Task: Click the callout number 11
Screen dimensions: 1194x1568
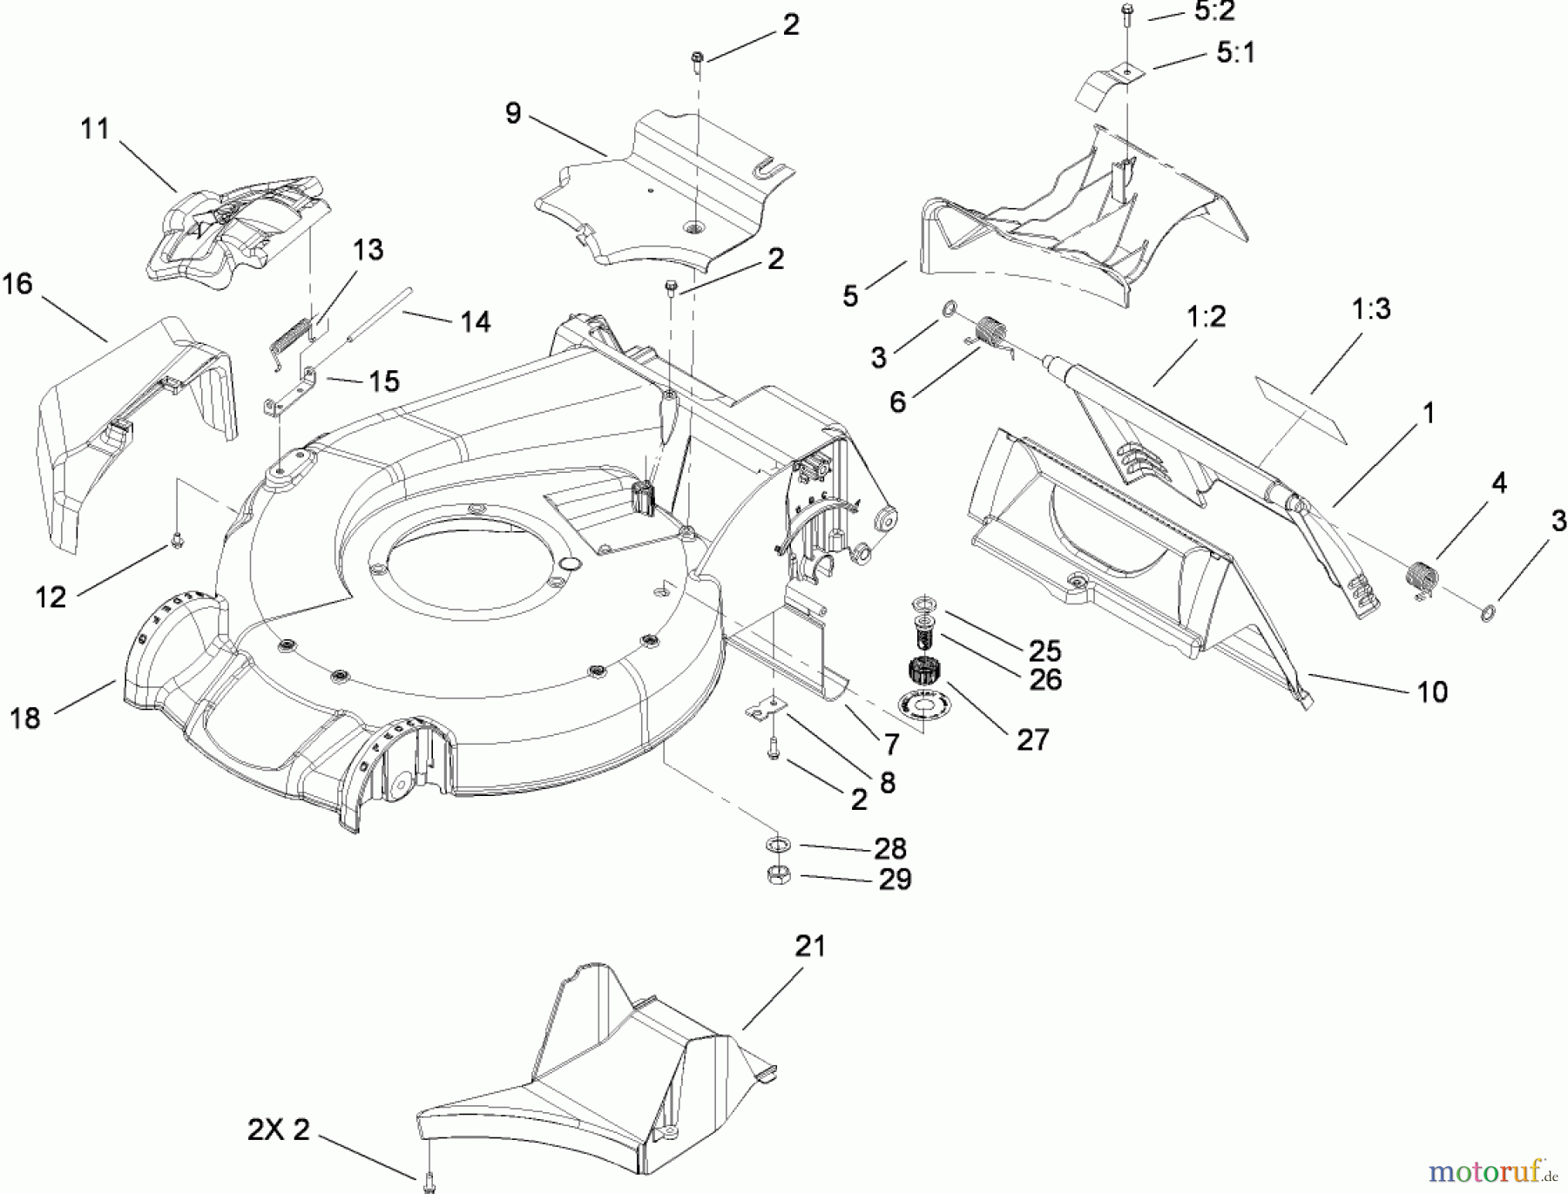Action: tap(95, 129)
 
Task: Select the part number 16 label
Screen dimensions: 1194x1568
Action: tap(17, 283)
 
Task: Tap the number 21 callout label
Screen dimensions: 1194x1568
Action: tap(810, 946)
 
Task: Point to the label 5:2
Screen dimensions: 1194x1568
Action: tap(1214, 12)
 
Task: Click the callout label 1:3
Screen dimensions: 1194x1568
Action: tap(1371, 308)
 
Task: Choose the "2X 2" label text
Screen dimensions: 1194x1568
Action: tap(279, 1130)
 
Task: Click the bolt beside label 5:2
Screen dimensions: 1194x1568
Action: tap(1126, 12)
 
